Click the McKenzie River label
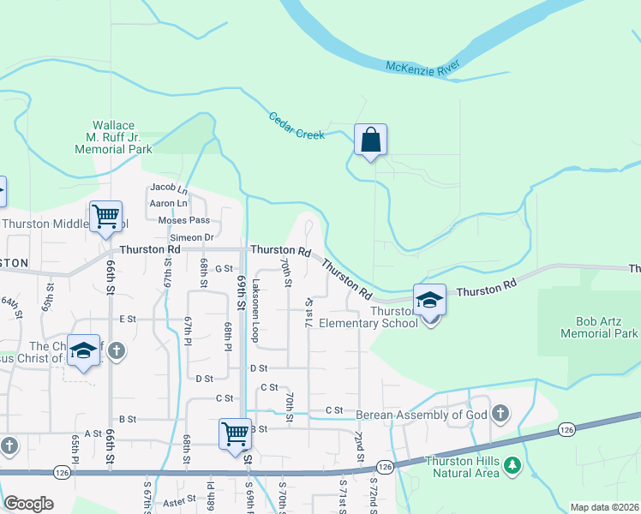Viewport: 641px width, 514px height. click(x=422, y=67)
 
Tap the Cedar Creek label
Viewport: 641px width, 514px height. click(x=297, y=126)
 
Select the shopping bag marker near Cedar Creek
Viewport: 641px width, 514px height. click(x=370, y=140)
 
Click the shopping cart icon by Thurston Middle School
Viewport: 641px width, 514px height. click(x=105, y=218)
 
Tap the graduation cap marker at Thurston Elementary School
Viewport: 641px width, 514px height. click(x=429, y=300)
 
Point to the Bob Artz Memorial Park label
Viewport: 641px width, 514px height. click(x=600, y=326)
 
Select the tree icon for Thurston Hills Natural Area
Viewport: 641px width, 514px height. click(x=512, y=465)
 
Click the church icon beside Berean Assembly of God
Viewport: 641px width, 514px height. click(x=501, y=415)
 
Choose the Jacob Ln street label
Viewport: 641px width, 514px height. click(x=168, y=187)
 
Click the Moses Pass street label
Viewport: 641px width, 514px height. click(x=184, y=220)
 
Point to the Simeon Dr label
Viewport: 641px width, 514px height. click(x=192, y=237)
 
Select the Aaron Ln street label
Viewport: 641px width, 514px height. click(x=168, y=203)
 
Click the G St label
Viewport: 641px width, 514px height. click(x=224, y=268)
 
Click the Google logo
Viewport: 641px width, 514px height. click(x=28, y=504)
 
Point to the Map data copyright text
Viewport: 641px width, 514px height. click(x=604, y=507)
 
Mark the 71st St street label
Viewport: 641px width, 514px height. click(x=309, y=313)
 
